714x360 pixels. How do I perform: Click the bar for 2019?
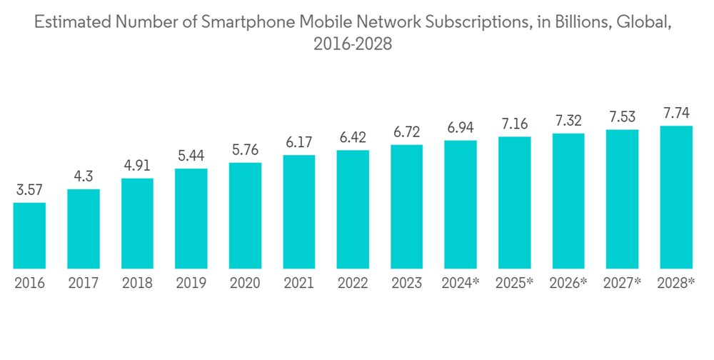point(191,219)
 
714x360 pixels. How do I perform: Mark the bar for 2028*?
point(675,198)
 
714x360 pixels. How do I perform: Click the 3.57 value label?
point(29,191)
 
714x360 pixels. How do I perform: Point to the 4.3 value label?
point(83,177)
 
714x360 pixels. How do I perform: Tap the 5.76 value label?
point(245,150)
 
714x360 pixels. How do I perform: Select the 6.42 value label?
point(353,138)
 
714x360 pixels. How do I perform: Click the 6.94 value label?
point(460,128)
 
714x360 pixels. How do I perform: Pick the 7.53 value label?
point(622,116)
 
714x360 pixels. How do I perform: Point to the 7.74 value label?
point(675,113)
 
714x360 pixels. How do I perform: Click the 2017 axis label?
point(83,284)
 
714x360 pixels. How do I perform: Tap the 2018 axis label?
point(137,284)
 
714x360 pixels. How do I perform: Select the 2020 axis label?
point(245,284)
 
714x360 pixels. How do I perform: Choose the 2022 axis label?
point(353,284)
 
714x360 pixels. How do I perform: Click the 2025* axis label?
point(514,284)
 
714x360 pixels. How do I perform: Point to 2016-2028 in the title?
point(353,44)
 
